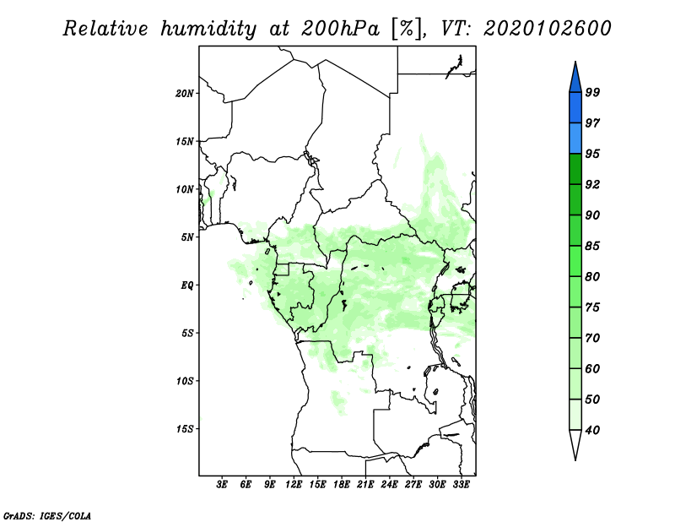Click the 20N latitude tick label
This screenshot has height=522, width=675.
pos(185,94)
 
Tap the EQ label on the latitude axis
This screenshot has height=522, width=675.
pos(187,285)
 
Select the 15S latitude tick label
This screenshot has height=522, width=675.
pos(185,429)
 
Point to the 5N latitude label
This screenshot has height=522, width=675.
pos(187,237)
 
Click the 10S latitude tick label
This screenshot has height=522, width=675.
pos(185,381)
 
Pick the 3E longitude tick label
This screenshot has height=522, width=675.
pos(222,485)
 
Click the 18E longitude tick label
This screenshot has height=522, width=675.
pos(342,485)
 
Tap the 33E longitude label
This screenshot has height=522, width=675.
pos(461,485)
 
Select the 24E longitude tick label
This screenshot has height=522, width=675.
pos(389,485)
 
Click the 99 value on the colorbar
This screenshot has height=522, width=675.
pos(592,92)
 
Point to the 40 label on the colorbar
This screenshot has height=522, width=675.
pos(592,430)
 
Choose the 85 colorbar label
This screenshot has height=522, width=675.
pos(592,246)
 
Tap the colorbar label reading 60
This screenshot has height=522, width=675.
pos(592,368)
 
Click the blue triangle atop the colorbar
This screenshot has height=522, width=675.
pos(575,79)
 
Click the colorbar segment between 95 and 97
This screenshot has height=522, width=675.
pos(575,139)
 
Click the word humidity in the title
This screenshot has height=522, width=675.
pos(208,29)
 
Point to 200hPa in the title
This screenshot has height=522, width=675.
pos(340,29)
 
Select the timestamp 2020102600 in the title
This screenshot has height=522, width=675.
pos(547,29)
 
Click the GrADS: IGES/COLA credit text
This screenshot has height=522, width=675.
pos(47,516)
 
